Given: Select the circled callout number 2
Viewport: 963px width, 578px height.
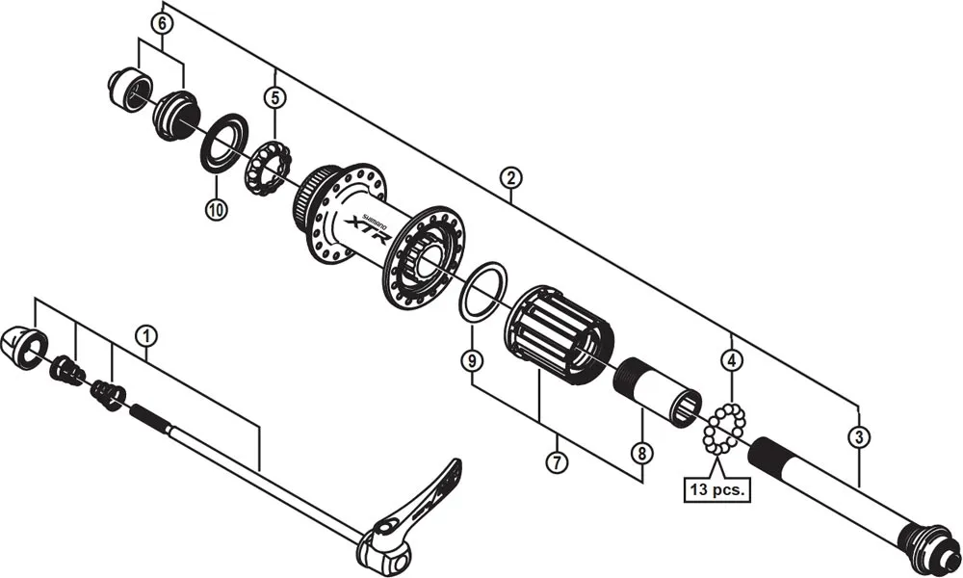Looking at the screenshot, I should tap(510, 177).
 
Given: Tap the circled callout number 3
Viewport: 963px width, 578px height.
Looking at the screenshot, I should tap(857, 436).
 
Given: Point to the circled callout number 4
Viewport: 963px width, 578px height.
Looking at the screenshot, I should tap(733, 361).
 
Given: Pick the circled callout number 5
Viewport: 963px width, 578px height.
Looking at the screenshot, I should tap(275, 97).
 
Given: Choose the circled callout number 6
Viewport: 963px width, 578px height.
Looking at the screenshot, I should tap(162, 22).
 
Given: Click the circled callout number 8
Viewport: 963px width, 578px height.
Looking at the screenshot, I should tap(640, 451).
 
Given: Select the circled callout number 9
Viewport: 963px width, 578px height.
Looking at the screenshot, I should tap(471, 361).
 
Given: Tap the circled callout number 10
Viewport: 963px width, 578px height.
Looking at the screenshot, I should tap(216, 207).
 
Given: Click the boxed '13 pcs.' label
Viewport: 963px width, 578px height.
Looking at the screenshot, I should tap(718, 488).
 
